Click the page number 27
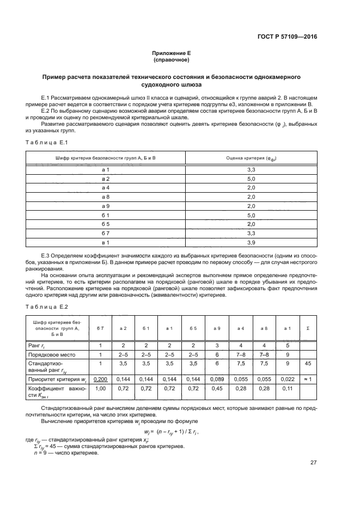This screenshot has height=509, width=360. point(313,463)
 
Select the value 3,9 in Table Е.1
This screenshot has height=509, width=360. point(251,242)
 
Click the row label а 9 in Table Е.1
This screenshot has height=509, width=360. point(106,206)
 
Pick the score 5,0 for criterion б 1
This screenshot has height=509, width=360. point(251,216)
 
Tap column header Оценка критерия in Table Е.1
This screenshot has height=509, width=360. point(251,158)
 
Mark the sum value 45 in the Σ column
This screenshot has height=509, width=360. point(309,364)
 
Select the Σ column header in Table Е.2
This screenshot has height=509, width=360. point(309,328)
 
